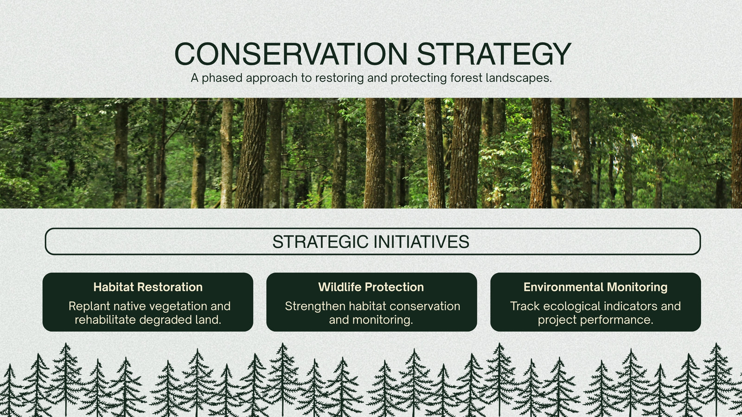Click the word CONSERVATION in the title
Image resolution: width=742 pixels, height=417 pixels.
click(x=291, y=54)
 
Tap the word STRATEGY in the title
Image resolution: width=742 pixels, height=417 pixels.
click(x=494, y=54)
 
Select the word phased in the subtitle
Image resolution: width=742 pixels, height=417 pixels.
click(x=222, y=78)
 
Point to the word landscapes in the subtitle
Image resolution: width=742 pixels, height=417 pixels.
click(x=519, y=78)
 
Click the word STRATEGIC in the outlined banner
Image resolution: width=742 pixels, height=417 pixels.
click(x=320, y=241)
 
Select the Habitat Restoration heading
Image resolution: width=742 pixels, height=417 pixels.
click(x=148, y=287)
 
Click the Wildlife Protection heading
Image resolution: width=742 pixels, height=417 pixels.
click(x=371, y=287)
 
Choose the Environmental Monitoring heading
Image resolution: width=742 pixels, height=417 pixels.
click(x=595, y=287)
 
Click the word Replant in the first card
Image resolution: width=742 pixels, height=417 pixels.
click(x=90, y=306)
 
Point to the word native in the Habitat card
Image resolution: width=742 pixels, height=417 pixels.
click(x=128, y=306)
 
